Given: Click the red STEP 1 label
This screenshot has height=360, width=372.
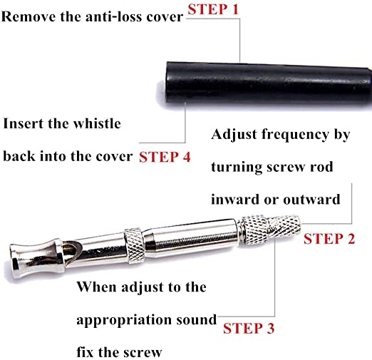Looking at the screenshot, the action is pos(213,10).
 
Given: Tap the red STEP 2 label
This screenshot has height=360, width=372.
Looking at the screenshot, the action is pos(329,239).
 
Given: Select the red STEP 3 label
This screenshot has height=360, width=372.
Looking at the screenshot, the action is pos(249,329).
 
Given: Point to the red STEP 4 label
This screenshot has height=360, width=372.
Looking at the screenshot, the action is pos(165,157).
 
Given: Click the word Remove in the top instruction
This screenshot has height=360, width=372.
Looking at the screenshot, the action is pos(29,17).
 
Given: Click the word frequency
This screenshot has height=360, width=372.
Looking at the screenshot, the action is pos(295,135).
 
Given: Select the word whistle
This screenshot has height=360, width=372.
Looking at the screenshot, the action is pos(97,123).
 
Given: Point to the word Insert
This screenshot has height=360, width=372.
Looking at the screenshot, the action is pos(24,123).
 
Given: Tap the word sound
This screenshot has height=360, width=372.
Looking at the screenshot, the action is pos(197,320).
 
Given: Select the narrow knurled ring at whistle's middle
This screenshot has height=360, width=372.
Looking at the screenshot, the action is pos(135,245).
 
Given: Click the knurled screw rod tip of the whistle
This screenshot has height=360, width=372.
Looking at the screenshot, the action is pos(284,226).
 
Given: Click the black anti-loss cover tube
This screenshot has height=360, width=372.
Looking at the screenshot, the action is pos(269,86).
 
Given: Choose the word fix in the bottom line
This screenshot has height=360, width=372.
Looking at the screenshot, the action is pos(86,352).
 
